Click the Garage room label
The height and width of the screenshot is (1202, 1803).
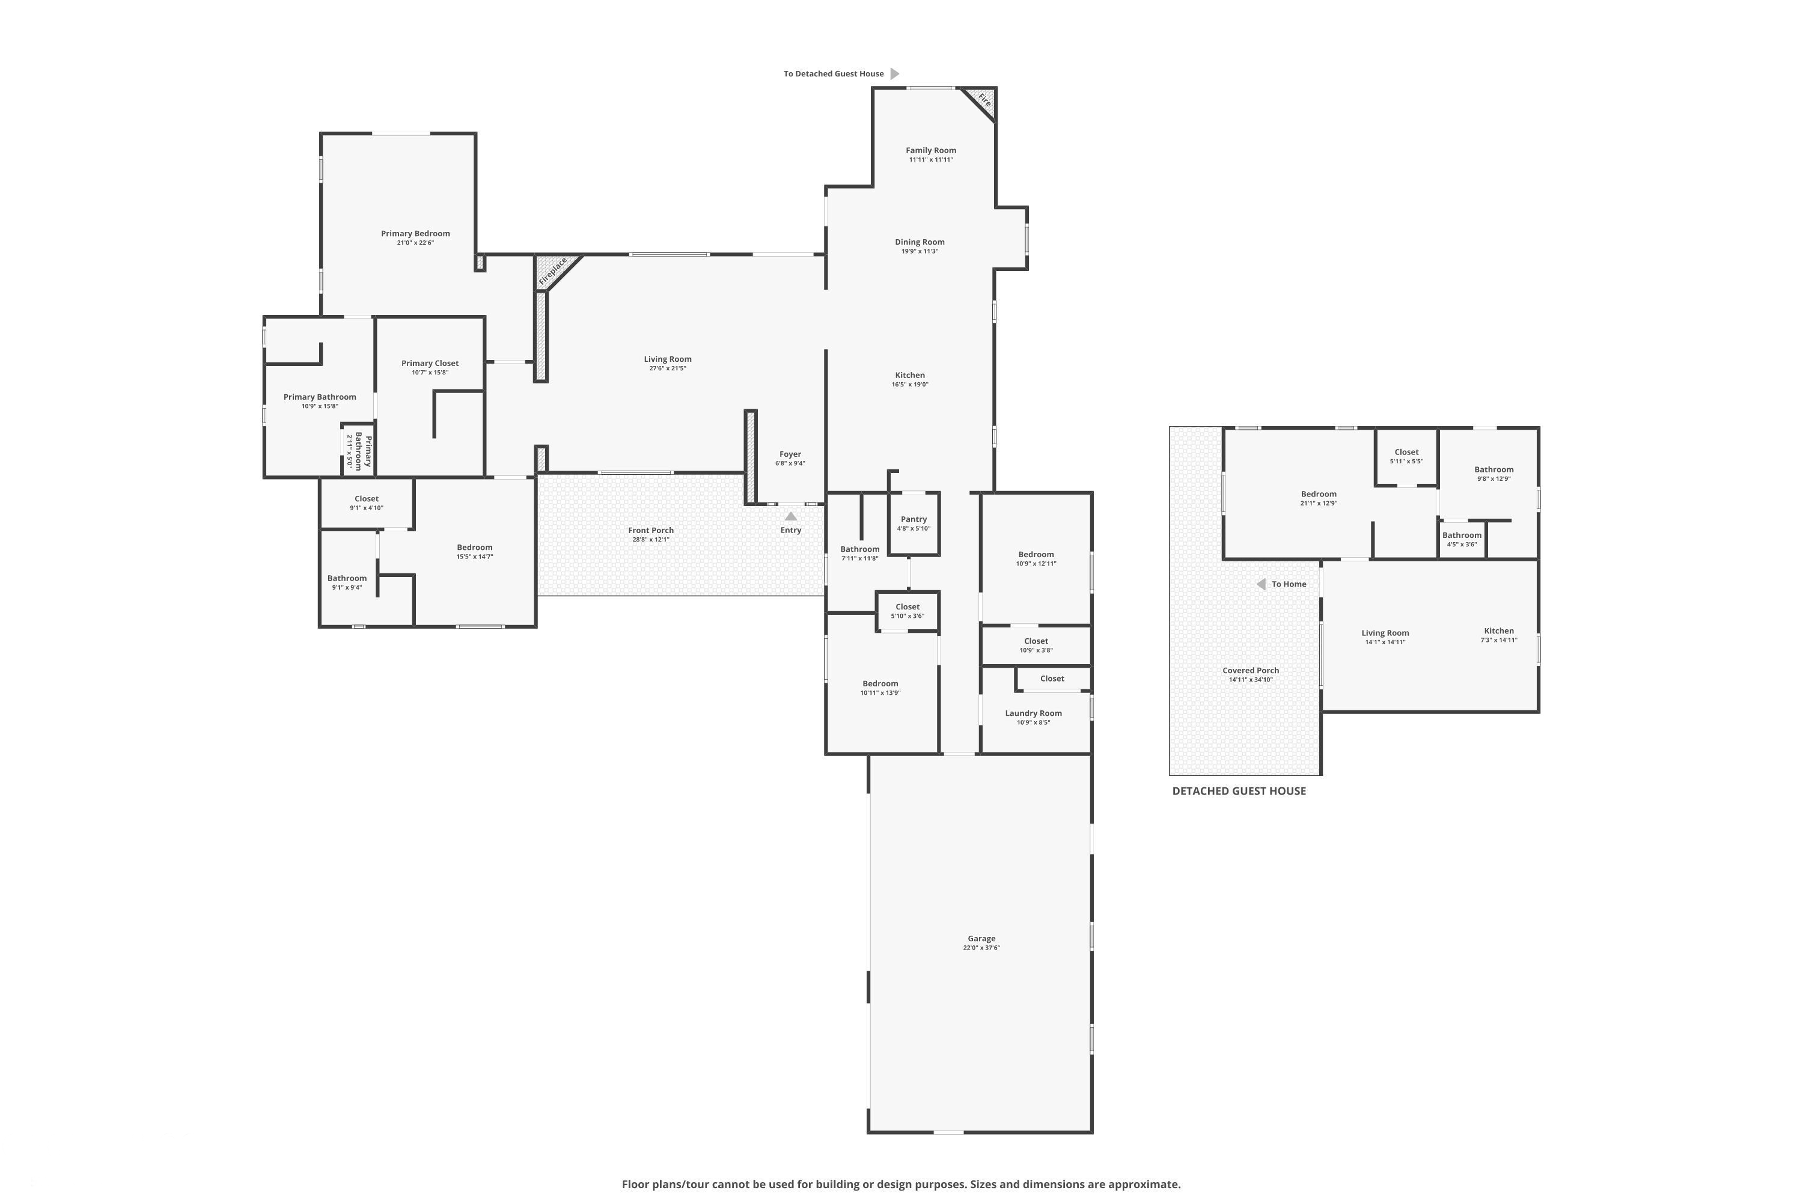pos(981,938)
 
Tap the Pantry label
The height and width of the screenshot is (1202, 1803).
pos(914,519)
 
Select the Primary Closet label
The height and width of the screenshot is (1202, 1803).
pos(430,364)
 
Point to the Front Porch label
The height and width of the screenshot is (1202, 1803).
pos(651,531)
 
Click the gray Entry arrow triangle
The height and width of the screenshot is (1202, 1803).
pos(791,517)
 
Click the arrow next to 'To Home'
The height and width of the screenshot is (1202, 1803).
pos(1261,584)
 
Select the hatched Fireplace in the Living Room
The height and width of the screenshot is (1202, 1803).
pos(553,272)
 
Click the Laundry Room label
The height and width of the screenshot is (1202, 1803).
pos(1033,713)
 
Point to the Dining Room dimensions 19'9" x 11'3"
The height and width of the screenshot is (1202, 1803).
pos(920,251)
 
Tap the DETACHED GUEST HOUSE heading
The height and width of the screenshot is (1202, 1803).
pos(1239,791)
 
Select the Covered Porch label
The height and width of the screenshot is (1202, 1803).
pos(1250,671)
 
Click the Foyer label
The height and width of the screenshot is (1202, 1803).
pos(790,454)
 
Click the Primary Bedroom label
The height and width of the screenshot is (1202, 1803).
pos(415,234)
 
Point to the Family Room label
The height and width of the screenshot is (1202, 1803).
pos(930,150)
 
